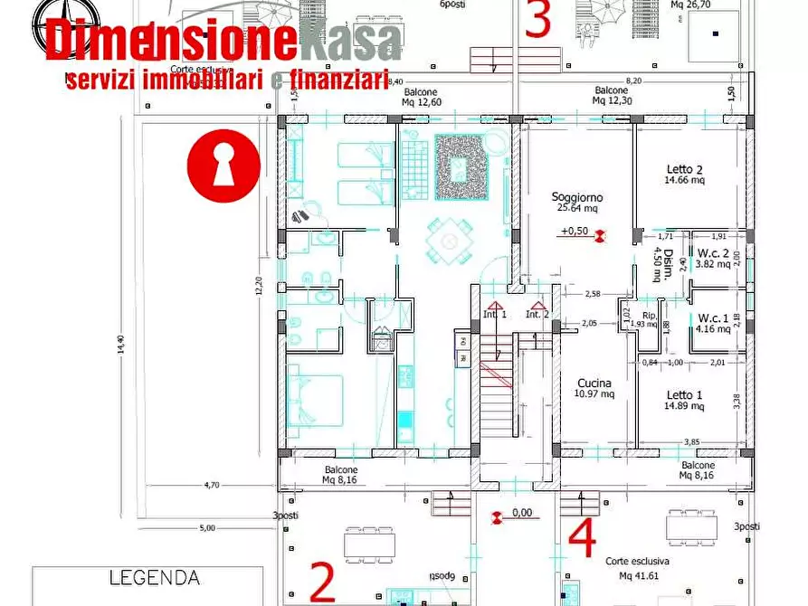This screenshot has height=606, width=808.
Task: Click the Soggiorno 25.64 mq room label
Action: [x=577, y=203]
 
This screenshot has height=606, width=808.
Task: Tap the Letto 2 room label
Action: [x=684, y=175]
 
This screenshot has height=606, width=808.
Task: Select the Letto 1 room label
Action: [x=684, y=401]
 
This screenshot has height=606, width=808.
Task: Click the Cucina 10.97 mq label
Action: [x=594, y=388]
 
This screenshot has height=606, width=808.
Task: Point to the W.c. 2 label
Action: [x=712, y=259]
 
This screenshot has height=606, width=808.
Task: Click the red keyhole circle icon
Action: [x=223, y=166]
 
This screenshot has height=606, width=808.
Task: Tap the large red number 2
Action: [x=322, y=582]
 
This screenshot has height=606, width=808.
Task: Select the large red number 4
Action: [x=582, y=538]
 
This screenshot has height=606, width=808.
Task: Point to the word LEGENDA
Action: [x=154, y=577]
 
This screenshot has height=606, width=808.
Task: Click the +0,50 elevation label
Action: [x=575, y=232]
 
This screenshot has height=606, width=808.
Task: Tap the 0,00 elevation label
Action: [x=522, y=513]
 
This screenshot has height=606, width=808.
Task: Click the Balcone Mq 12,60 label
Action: [x=421, y=97]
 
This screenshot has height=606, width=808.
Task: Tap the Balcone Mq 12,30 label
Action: [x=612, y=96]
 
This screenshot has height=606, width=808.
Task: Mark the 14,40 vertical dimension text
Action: [x=120, y=348]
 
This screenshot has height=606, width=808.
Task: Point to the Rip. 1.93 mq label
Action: [x=643, y=318]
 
